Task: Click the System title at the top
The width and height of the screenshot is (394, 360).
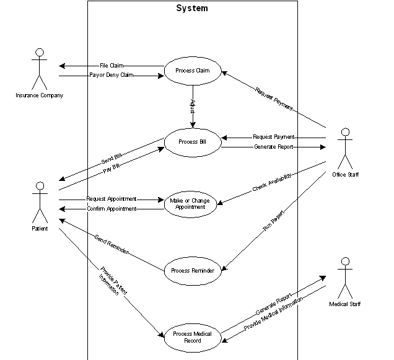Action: (192, 9)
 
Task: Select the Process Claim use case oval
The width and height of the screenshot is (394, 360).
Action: (193, 71)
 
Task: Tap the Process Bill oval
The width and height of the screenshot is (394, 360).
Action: (192, 142)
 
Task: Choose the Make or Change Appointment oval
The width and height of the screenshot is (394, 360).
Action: (192, 204)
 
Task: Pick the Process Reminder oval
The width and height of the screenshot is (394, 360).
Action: (193, 271)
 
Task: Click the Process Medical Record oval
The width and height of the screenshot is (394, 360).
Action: (192, 337)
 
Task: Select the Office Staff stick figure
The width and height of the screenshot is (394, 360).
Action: (345, 149)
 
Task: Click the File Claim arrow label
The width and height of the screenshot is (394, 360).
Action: (112, 66)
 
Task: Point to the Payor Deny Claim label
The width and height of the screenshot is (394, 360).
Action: (112, 76)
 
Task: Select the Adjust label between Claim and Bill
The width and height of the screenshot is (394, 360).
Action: (193, 105)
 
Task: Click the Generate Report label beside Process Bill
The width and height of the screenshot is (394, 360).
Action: (273, 147)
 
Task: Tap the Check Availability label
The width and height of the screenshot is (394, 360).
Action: (271, 182)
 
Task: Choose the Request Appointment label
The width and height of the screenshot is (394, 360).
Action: (111, 200)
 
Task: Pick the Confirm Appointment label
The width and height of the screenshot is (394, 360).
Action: (112, 209)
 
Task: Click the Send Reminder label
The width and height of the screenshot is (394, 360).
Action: (112, 244)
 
